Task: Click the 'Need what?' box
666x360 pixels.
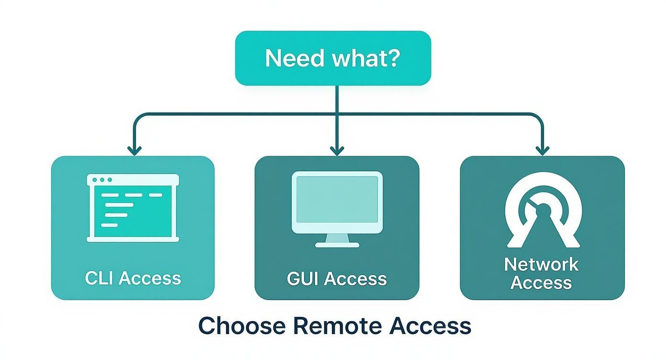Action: [333, 58]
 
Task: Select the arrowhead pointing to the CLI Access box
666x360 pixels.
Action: [135, 150]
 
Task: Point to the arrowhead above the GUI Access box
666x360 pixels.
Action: [337, 150]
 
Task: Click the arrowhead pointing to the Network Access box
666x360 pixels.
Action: [542, 150]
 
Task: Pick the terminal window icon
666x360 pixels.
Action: [133, 208]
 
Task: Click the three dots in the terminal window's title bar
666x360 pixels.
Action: [102, 180]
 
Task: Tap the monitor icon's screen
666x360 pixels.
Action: [337, 197]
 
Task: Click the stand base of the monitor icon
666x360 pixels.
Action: [337, 244]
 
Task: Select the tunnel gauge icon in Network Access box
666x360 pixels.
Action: [543, 211]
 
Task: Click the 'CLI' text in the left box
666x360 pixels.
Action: [99, 278]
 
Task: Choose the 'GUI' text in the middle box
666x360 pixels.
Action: [302, 279]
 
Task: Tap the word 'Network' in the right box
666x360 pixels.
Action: [541, 264]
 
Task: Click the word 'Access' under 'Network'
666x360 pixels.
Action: [541, 282]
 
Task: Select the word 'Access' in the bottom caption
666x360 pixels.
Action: [430, 326]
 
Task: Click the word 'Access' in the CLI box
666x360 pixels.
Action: [150, 278]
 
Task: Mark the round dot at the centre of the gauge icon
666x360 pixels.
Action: [543, 210]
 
